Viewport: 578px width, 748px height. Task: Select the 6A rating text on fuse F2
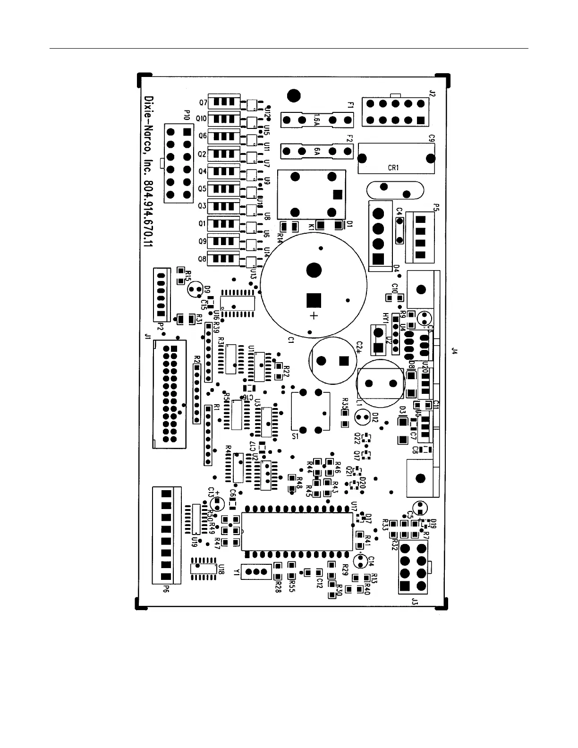(317, 152)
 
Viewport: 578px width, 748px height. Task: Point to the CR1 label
(393, 168)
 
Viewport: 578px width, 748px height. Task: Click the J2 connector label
(432, 93)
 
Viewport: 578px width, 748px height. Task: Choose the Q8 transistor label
(203, 259)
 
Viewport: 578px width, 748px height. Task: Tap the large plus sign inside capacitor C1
(314, 315)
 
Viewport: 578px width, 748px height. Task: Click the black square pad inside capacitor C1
(314, 300)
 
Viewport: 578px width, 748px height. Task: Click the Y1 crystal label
(236, 572)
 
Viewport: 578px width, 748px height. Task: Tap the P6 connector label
(166, 588)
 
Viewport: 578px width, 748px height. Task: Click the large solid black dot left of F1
(294, 95)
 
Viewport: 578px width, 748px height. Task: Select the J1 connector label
(147, 336)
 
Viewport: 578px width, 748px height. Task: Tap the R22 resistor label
(286, 371)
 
